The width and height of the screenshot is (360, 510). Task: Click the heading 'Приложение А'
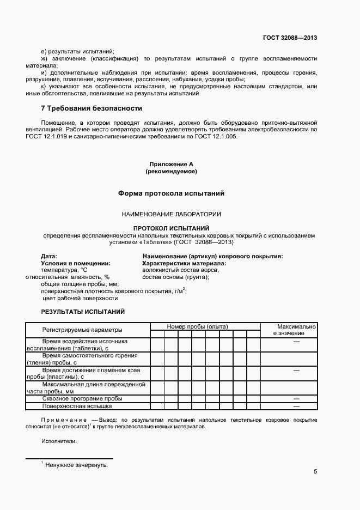171,164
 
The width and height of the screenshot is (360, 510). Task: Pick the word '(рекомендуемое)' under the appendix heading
171,171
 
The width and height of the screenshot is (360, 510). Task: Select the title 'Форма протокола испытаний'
171,193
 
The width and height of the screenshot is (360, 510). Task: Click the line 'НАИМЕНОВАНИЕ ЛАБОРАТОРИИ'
171,215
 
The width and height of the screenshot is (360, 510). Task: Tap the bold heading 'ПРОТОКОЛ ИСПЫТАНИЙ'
171,228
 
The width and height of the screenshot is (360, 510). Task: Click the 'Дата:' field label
49,256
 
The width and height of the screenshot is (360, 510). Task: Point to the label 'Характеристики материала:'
184,263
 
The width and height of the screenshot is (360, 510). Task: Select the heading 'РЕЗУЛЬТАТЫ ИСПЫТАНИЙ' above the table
83,312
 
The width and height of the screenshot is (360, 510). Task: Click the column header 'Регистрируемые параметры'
82,330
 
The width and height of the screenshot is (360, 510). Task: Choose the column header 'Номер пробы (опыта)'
197,326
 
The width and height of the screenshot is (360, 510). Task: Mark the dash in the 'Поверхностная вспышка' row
297,406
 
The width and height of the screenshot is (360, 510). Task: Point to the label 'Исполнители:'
59,441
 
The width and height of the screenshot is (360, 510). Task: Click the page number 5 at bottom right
315,472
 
